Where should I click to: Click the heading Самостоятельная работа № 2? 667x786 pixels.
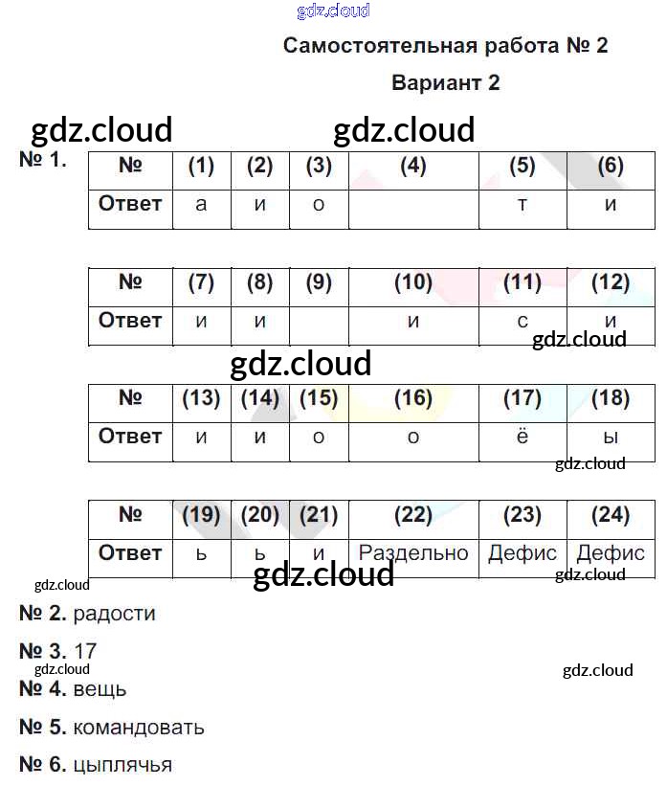point(445,46)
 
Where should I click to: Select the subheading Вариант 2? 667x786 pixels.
point(445,83)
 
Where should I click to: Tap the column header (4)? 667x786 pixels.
point(413,166)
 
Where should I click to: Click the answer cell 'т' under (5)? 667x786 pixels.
point(522,205)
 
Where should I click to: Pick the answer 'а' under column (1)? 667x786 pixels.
point(201,205)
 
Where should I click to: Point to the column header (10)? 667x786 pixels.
point(413,282)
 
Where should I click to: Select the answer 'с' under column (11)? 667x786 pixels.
point(522,322)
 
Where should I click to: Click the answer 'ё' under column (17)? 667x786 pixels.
point(522,438)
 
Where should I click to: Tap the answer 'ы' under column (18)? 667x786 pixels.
point(611,438)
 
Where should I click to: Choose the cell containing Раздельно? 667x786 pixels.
point(413,553)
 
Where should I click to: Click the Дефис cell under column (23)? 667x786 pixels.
point(522,553)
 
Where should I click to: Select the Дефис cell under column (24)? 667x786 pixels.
point(611,553)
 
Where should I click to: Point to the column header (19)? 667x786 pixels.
point(201,515)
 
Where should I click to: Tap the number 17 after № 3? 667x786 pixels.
point(85,652)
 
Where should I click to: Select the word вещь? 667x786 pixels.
point(100,689)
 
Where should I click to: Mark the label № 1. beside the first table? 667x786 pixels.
point(43,160)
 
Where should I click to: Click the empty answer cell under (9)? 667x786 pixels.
point(319,322)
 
